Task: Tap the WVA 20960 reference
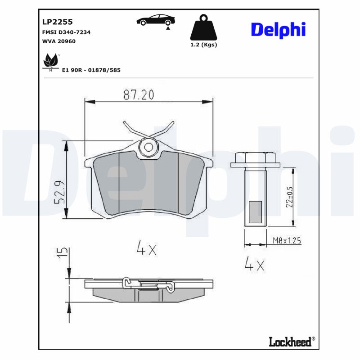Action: [58, 41]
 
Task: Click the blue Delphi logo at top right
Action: [278, 30]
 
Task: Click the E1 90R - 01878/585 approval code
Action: [91, 70]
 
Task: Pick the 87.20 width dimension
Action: [139, 95]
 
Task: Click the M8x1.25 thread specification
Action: [287, 241]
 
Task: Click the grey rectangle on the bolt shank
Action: [255, 211]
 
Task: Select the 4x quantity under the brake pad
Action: [146, 247]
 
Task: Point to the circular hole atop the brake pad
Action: [148, 147]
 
